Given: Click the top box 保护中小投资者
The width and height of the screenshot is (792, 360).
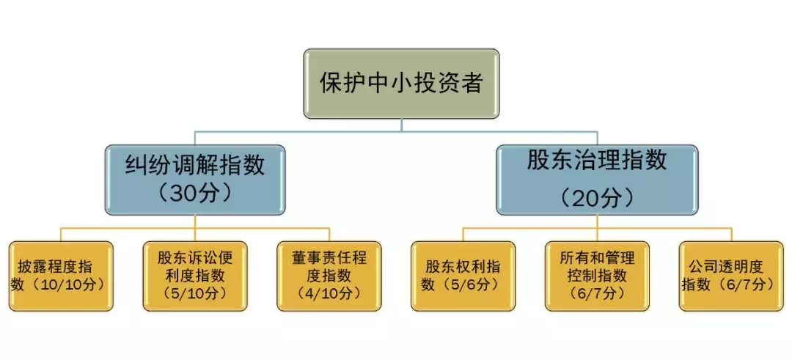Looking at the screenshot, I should click(x=401, y=83).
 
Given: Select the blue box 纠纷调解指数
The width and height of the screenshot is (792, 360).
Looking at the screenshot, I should click(x=195, y=180).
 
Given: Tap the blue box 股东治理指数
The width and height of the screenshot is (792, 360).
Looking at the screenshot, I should click(x=597, y=180).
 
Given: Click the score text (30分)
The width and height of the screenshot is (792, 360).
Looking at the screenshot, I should click(x=195, y=194).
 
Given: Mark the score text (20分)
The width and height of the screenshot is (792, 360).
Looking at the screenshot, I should click(x=597, y=196).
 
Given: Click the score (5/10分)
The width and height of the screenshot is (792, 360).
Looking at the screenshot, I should click(x=195, y=293).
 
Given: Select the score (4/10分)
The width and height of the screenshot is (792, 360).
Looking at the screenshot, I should click(x=329, y=293).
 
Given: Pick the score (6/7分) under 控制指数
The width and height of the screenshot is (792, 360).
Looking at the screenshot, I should click(x=597, y=293).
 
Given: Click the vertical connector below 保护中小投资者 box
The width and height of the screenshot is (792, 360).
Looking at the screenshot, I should click(x=401, y=125).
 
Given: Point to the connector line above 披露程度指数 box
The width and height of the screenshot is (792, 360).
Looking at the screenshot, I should click(x=62, y=235).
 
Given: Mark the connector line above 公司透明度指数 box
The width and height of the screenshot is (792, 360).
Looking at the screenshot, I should click(x=731, y=235).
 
